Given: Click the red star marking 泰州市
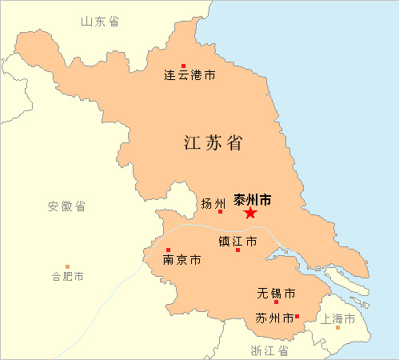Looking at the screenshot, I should (x=250, y=213).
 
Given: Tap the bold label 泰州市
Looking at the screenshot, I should (x=253, y=199).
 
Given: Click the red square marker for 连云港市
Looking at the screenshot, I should (x=183, y=66).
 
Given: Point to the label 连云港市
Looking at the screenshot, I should (x=190, y=77).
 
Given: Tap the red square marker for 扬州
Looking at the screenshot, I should (x=220, y=211).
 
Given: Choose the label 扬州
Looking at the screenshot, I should (x=213, y=202).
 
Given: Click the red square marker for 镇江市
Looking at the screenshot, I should (x=237, y=250).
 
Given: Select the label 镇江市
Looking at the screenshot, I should (x=238, y=240).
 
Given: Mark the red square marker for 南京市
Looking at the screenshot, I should (x=168, y=250).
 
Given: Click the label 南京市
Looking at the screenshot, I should (x=182, y=260).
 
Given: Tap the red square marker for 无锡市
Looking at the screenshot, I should (x=276, y=302).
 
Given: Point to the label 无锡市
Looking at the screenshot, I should (x=277, y=292).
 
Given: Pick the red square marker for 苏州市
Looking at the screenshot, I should (x=297, y=316).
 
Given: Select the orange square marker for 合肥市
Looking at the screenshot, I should (x=68, y=266).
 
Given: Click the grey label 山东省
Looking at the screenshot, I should (x=100, y=22).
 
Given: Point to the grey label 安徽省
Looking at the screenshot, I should (x=66, y=206).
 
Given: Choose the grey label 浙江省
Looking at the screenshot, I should (x=268, y=350).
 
